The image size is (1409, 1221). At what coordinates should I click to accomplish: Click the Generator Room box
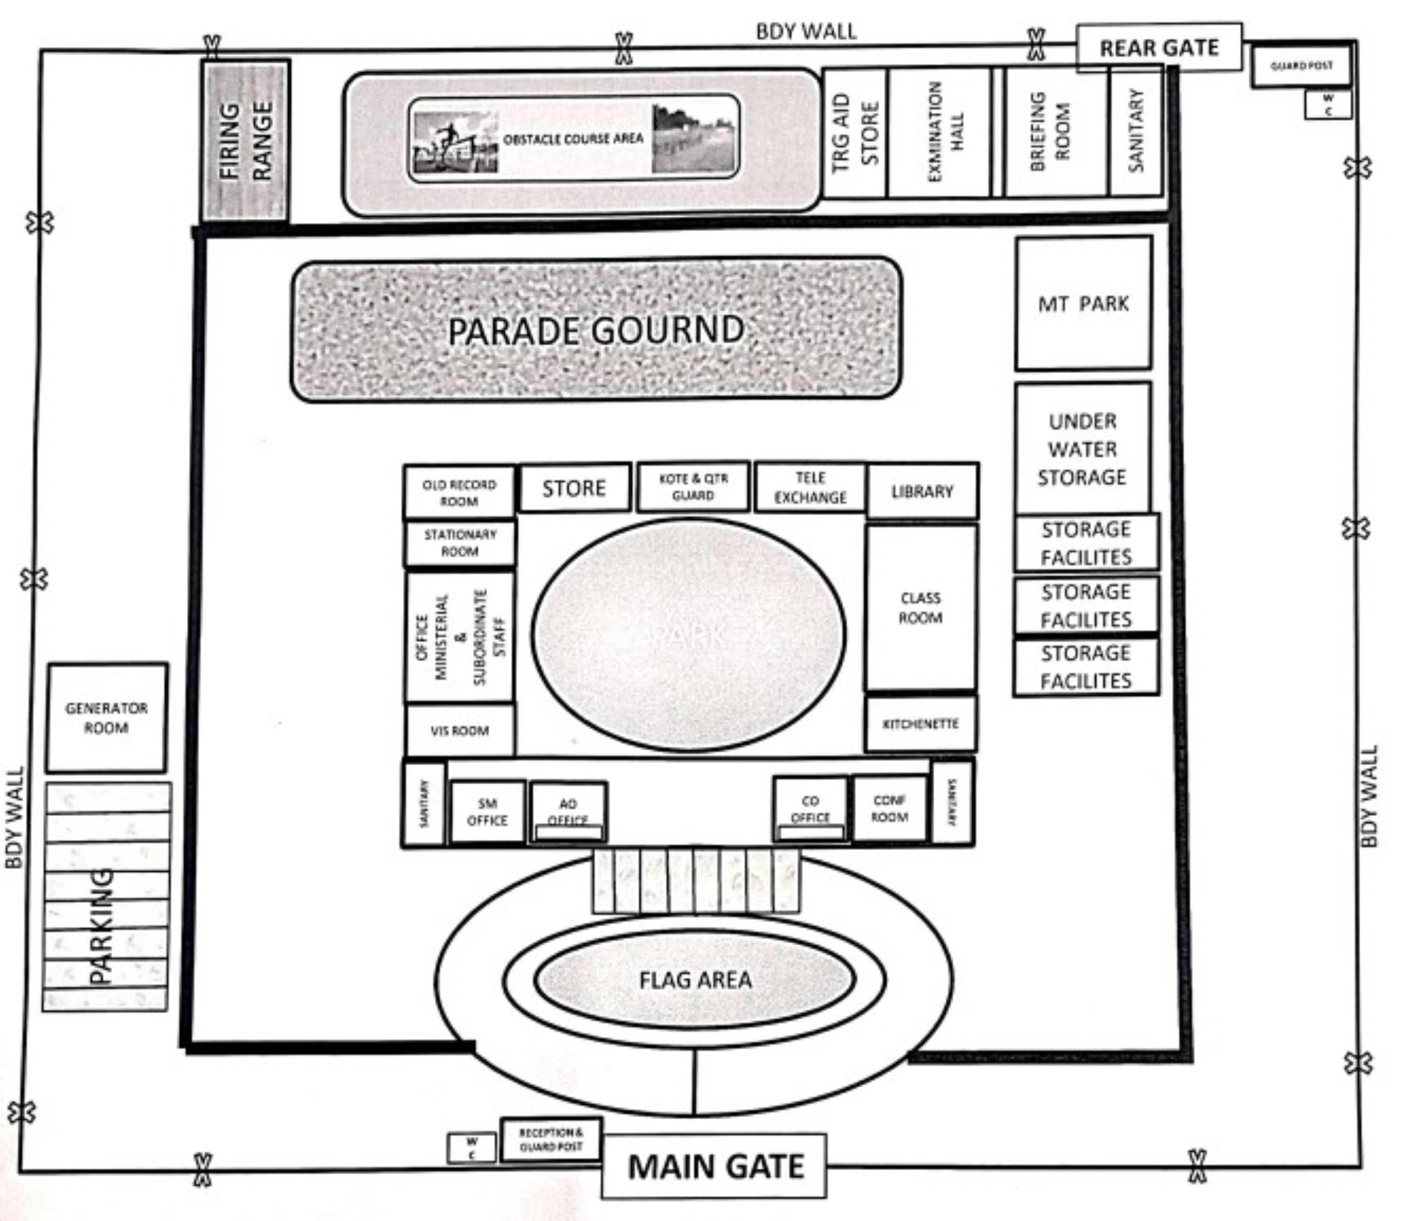coord(107,718)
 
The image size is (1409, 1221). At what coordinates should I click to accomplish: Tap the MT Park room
coord(1083,303)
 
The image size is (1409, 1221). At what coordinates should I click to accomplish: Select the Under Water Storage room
coord(1082,448)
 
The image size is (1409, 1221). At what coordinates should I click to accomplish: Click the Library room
coord(922,491)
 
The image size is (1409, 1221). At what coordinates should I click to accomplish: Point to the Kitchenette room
coord(920,724)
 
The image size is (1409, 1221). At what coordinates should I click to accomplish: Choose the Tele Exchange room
coord(810,487)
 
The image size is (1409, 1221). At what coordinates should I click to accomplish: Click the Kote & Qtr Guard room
coord(693,486)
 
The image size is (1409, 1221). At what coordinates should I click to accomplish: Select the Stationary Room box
coord(460,543)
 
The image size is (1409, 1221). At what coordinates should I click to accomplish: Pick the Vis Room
coord(460,730)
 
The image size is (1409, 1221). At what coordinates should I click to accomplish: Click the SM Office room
coord(487,812)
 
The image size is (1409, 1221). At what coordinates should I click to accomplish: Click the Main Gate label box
coord(714,1166)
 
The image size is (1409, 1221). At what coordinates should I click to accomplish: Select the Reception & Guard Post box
coord(551,1139)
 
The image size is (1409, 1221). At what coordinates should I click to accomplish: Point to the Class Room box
coord(921,607)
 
